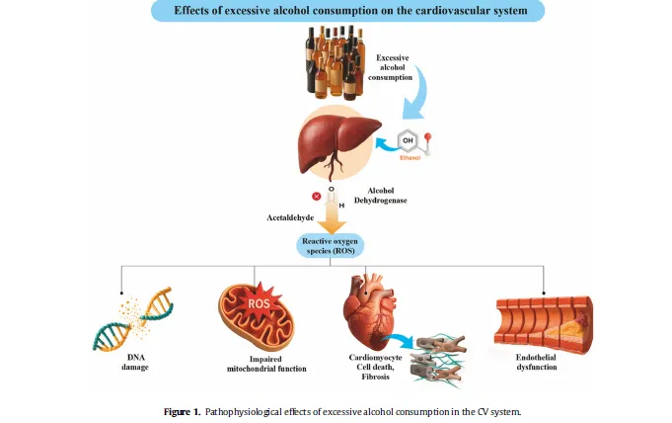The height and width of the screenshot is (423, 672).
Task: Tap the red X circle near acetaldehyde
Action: coord(317,197)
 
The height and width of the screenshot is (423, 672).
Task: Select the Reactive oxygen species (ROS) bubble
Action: coord(330,246)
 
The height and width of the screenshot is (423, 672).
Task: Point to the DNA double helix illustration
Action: coord(133,319)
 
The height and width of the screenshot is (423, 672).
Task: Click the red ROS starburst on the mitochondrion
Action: coord(259,303)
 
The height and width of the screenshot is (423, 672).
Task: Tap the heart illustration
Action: coord(369,311)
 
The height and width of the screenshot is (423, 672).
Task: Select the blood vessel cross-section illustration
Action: coord(544,324)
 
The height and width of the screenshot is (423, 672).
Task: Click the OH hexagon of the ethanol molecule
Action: coord(408,140)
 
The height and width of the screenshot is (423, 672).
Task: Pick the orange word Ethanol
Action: coord(411,158)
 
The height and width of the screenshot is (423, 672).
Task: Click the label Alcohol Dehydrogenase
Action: coord(381,196)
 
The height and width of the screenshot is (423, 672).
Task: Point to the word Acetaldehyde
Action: coord(290,217)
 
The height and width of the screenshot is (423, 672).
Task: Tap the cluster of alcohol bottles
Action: coord(335,61)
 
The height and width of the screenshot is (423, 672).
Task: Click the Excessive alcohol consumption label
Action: coord(391,67)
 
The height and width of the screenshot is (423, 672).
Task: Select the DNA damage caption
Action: coord(135,362)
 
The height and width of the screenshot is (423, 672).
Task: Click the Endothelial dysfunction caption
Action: coord(536,362)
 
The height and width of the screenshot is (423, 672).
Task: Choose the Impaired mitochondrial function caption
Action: coord(266,364)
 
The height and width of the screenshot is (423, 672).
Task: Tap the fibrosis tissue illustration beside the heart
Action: coord(438,360)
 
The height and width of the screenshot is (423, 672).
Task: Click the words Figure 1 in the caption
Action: coord(182,412)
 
